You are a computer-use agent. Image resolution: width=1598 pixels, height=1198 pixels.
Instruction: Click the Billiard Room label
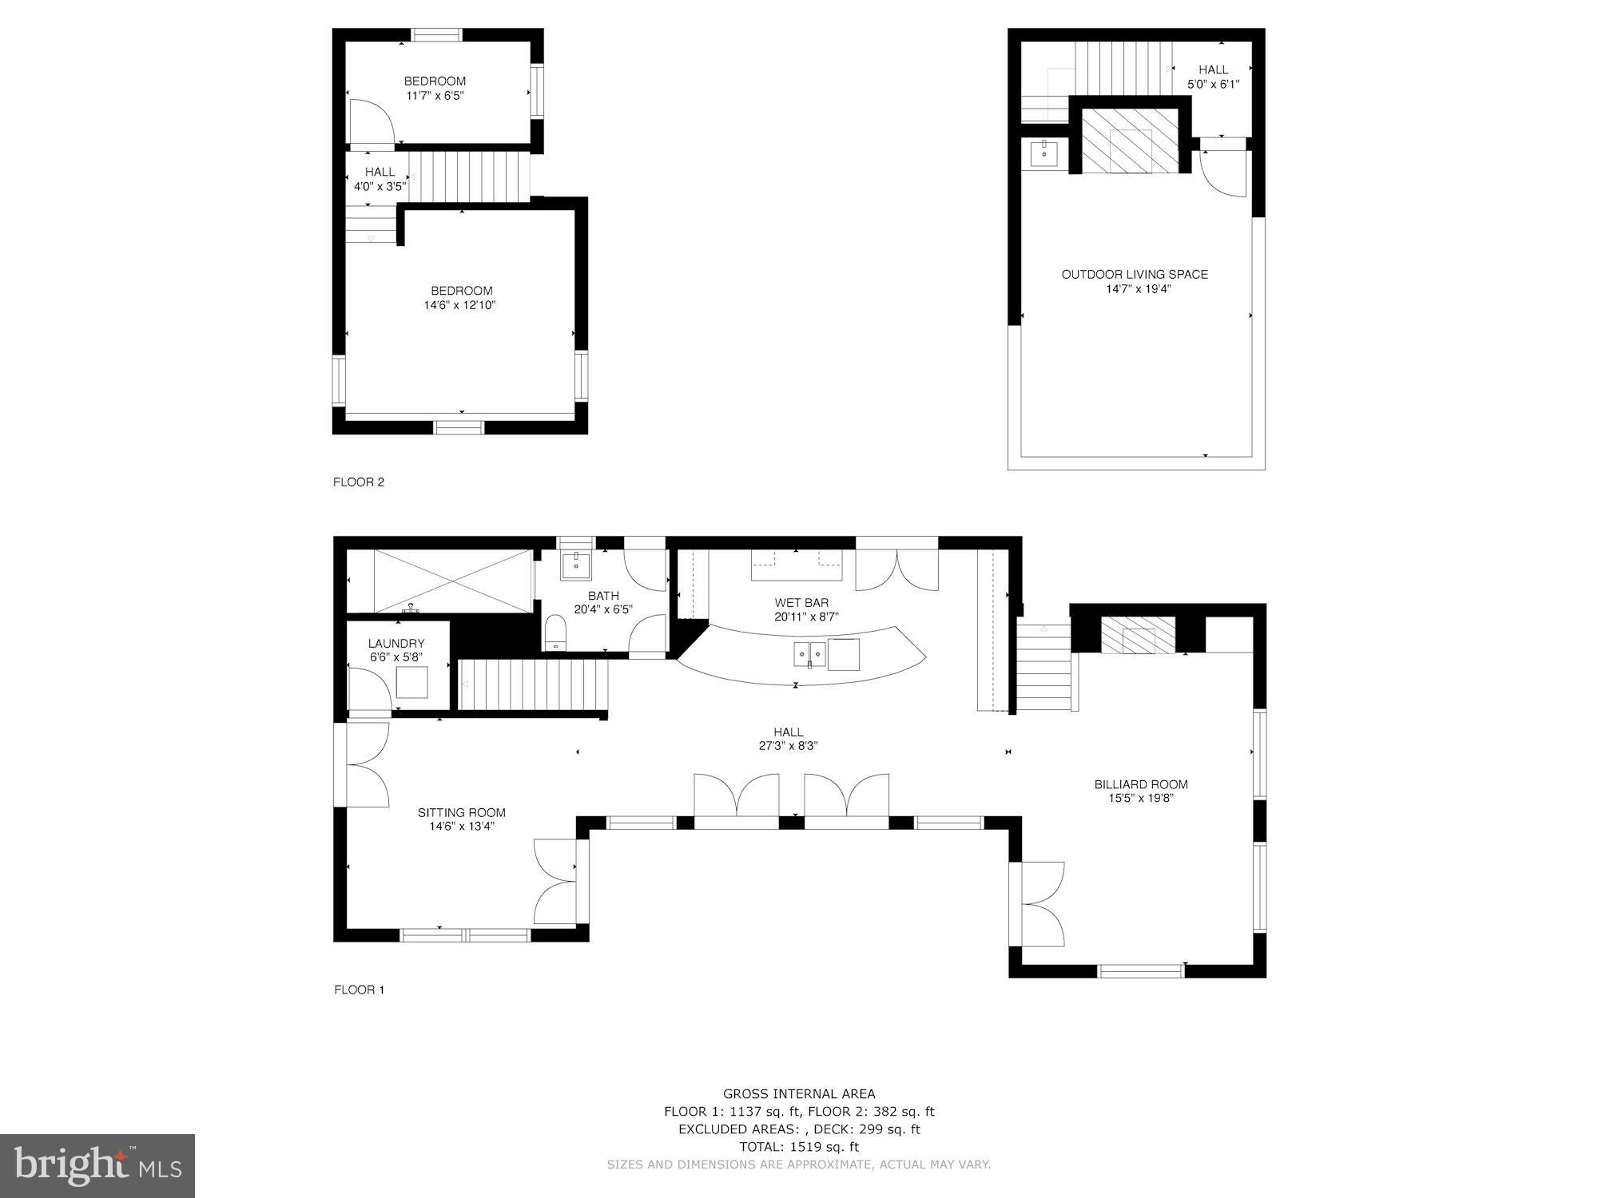tap(1140, 784)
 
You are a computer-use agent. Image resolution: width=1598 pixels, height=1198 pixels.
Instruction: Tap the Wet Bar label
tap(801, 602)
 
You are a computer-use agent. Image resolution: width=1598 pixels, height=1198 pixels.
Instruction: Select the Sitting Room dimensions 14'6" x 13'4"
tap(462, 827)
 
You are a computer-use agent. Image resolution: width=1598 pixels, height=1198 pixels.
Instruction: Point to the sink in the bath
tap(575, 565)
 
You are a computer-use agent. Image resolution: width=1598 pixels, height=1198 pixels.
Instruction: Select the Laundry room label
tap(396, 643)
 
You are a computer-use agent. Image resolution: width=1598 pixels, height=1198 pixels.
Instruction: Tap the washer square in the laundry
tap(411, 681)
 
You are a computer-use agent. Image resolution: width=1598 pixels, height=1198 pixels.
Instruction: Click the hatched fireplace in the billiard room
tap(1139, 636)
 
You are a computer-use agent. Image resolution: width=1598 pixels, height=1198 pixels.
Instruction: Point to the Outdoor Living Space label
tap(1135, 274)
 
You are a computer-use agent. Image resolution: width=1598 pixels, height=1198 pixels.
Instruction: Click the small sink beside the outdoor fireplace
tap(1044, 153)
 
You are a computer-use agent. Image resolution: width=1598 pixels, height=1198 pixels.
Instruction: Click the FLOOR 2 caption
tap(359, 482)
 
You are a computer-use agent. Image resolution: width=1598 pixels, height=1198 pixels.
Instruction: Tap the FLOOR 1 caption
tap(359, 990)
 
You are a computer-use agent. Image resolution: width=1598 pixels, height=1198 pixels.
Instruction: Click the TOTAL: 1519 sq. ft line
tap(799, 1147)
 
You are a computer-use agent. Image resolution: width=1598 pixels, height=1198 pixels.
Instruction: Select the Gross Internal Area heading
tap(799, 1093)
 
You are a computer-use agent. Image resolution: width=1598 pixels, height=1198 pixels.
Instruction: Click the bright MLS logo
tap(97, 1166)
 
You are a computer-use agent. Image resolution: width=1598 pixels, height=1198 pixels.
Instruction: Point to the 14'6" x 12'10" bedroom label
tap(461, 298)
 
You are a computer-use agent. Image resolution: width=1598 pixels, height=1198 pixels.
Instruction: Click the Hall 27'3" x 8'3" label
tap(788, 739)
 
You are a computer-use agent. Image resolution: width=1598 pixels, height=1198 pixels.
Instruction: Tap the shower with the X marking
tap(453, 581)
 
